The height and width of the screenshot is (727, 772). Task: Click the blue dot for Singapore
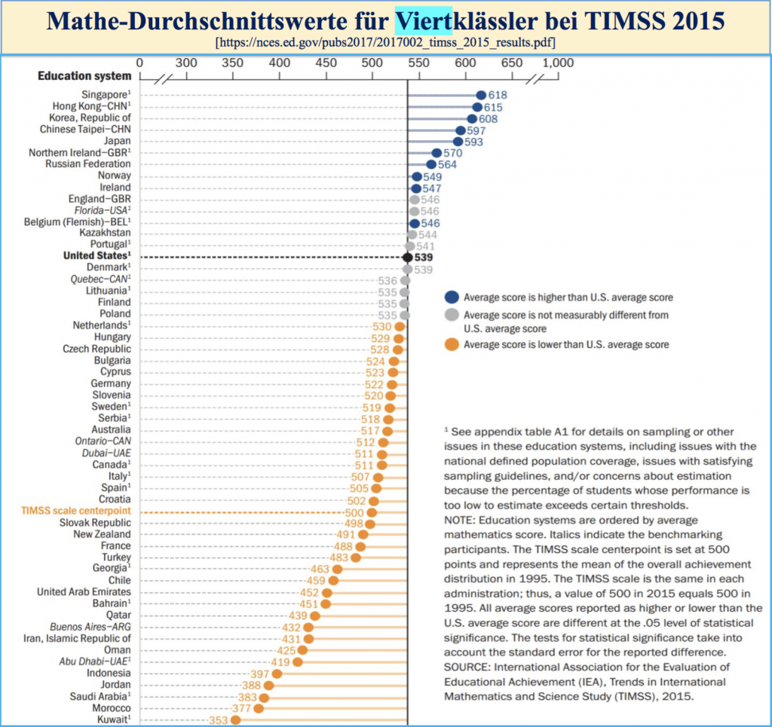click(481, 96)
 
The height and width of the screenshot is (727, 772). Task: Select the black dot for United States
click(408, 257)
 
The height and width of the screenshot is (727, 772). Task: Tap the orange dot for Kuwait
click(236, 719)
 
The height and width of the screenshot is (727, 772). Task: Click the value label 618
click(498, 96)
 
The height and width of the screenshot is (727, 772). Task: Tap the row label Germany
click(111, 383)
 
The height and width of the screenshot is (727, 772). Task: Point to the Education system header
click(84, 76)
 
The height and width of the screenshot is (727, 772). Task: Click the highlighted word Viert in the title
click(424, 20)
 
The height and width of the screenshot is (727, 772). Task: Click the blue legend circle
click(451, 297)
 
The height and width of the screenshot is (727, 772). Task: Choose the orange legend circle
click(451, 344)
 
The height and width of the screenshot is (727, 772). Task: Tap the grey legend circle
click(451, 316)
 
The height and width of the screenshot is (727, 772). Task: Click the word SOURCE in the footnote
click(467, 667)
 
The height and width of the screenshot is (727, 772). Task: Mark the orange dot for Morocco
click(259, 708)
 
